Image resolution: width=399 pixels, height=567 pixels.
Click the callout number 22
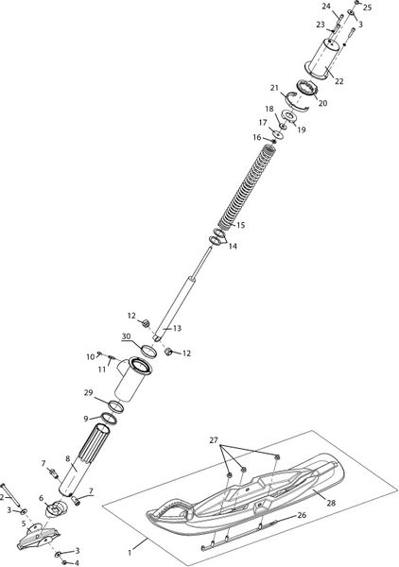pos(338,81)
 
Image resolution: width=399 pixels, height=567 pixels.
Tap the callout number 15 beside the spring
pos(240,225)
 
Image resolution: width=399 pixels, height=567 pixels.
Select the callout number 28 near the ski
pos(331,503)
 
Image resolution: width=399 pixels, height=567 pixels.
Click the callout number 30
pos(126,336)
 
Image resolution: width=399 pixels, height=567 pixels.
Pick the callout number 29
pos(89,393)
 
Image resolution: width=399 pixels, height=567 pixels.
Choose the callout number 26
pos(302,515)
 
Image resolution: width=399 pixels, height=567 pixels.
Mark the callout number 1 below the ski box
pos(130,553)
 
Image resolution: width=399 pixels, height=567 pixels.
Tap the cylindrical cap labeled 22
pos(322,59)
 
